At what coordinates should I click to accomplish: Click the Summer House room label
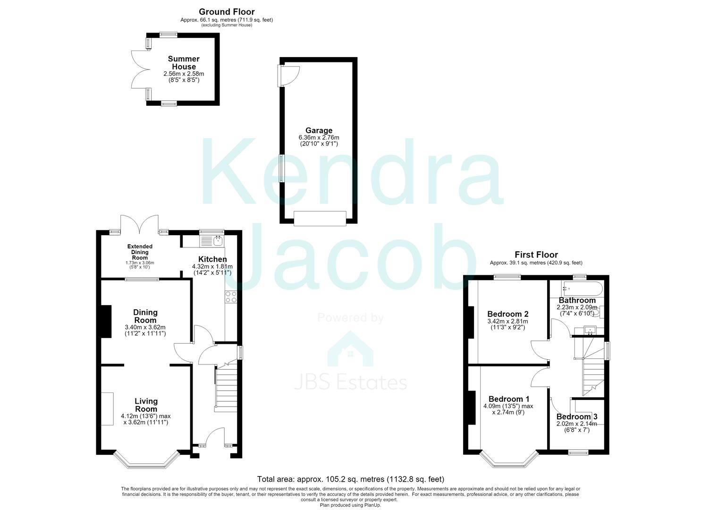click(184, 63)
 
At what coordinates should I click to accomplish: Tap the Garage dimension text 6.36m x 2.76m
click(319, 137)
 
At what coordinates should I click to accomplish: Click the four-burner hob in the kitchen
click(231, 297)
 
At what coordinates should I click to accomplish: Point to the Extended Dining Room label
click(140, 252)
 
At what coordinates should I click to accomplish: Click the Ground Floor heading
click(227, 12)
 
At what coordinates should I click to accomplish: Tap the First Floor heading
click(536, 255)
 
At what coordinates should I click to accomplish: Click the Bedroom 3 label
click(577, 416)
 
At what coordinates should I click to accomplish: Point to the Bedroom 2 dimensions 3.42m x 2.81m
click(507, 322)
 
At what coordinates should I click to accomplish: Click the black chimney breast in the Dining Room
click(106, 322)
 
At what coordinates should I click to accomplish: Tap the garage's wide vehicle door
click(320, 218)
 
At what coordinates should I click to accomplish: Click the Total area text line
click(350, 479)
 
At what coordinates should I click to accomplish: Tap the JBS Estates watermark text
click(350, 382)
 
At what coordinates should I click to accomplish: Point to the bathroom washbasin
click(590, 330)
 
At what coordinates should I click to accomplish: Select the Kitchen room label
click(212, 259)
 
